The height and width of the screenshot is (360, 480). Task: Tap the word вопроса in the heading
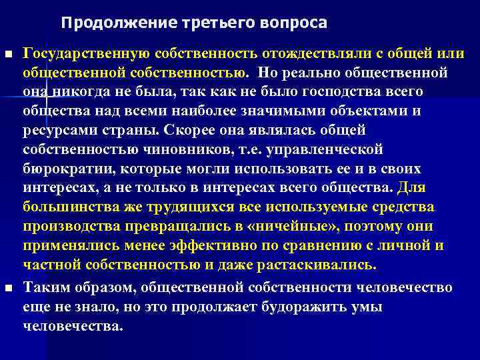[x=295, y=23]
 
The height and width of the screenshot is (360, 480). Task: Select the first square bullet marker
[x=8, y=53]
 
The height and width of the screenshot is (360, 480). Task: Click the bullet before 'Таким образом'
[x=8, y=287]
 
